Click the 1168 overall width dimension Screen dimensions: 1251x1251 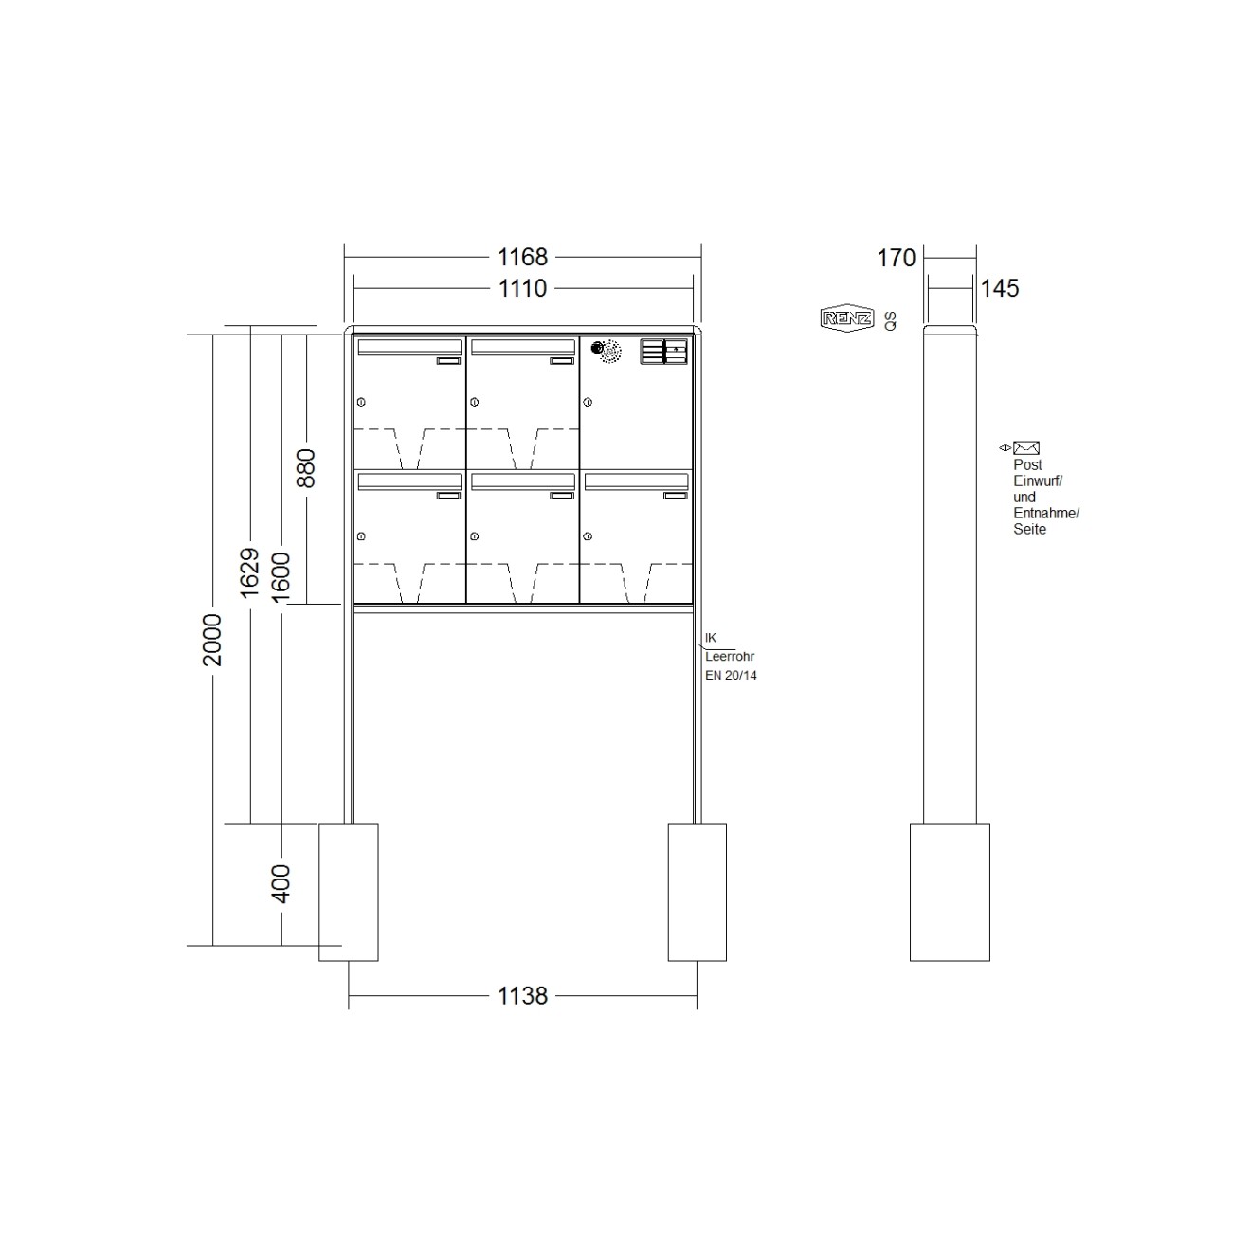coord(522,257)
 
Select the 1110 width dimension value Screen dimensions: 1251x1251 coord(522,288)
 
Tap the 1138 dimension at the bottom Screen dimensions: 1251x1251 coord(522,996)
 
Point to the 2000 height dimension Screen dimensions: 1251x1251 coord(212,640)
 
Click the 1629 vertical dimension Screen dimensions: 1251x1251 coord(249,572)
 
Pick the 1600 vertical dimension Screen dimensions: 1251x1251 coord(281,572)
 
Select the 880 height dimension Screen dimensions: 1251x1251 coord(305,468)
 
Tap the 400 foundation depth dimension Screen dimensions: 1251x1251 coord(281,883)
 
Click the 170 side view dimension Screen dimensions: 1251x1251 coord(896,258)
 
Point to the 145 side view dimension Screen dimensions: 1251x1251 coord(999,288)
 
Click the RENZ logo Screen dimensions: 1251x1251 coord(846,319)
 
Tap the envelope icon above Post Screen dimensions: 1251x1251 coord(1026,448)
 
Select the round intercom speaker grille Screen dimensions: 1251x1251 coord(606,352)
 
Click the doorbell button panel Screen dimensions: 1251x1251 coord(663,352)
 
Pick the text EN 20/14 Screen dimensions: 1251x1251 coord(731,676)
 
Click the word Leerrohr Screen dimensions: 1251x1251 coord(730,657)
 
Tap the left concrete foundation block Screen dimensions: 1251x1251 coord(348,892)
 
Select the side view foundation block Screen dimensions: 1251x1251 coord(950,892)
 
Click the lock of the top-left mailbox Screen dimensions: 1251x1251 coord(360,403)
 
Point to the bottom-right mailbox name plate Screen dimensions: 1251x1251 coord(675,496)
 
